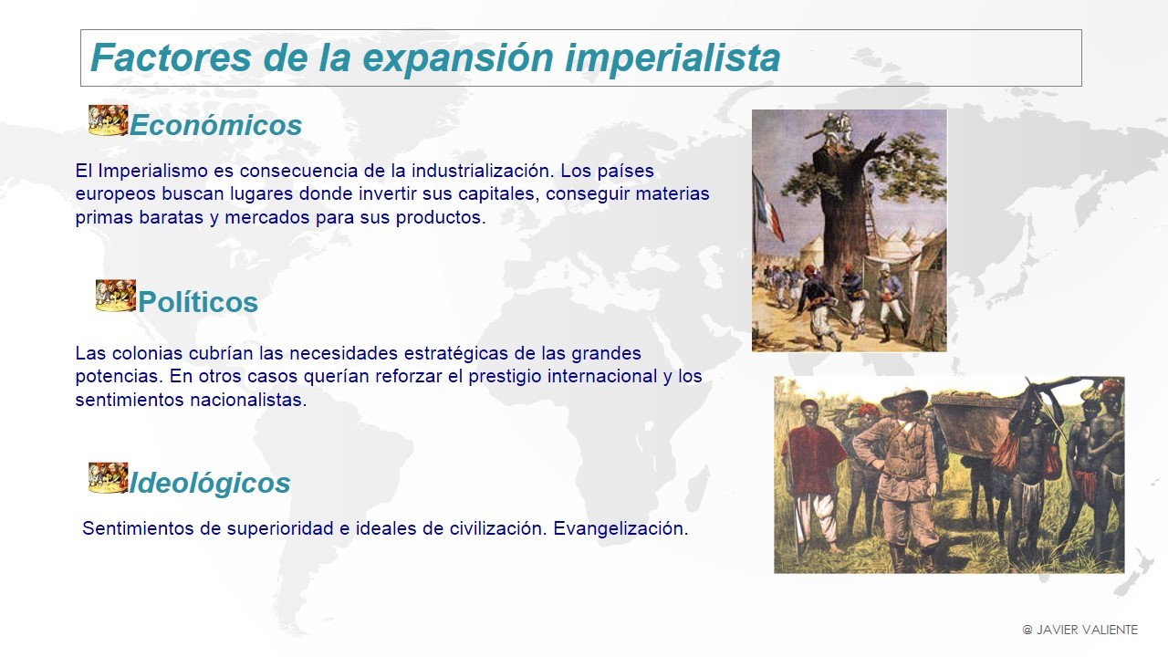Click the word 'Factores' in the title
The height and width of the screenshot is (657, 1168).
[171, 57]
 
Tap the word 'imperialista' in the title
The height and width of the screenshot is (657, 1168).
[673, 58]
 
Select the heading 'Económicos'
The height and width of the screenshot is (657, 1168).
[216, 125]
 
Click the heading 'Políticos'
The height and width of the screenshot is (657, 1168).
[198, 302]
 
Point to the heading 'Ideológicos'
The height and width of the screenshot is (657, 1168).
[210, 483]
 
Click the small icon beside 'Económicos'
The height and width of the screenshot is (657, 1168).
[108, 120]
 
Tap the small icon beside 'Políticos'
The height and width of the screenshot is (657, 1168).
[116, 296]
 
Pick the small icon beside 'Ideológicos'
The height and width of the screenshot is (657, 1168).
[108, 477]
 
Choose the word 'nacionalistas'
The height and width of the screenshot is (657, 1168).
[248, 400]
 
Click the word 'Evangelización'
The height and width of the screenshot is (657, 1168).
[620, 528]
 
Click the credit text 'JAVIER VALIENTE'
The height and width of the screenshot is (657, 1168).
[1087, 630]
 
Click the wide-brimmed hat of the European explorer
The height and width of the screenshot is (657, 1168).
[904, 399]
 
